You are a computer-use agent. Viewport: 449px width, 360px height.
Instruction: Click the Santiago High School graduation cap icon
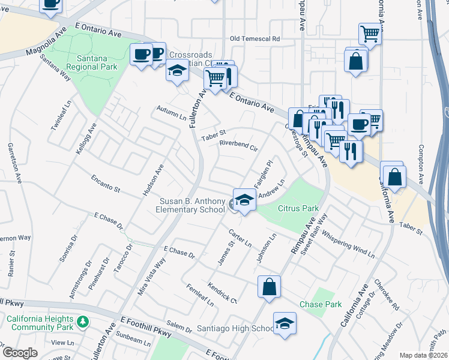click(285, 323)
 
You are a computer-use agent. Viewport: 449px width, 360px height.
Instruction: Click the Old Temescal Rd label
click(255, 39)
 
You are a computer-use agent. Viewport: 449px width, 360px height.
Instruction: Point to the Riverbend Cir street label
click(238, 144)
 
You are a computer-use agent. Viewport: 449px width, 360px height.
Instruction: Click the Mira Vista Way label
click(154, 273)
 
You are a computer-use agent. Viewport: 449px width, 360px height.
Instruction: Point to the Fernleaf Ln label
click(200, 295)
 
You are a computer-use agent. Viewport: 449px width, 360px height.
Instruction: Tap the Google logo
click(20, 352)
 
